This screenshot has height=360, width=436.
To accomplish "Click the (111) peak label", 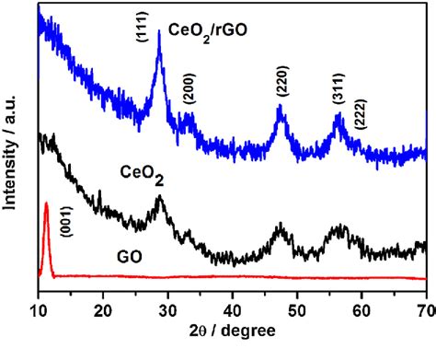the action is coord(143,27).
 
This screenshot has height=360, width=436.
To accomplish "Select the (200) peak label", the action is coord(189,88).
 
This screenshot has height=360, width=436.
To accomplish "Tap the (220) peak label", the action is coord(282,81).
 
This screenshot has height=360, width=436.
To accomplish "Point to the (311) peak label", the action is coord(338,88).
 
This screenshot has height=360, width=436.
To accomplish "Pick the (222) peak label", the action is coord(361,114).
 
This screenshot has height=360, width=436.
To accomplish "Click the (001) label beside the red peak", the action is coord(66,221).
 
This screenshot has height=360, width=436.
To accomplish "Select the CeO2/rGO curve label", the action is coord(208,32).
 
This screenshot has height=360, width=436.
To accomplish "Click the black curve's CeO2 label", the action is coord(142,175).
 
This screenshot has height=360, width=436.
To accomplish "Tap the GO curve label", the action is coord(130,257).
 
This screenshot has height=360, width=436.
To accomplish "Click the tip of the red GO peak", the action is coord(46,202).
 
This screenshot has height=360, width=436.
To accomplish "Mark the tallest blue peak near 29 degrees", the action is coord(159,30).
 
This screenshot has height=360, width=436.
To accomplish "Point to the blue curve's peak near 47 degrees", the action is coord(280,105).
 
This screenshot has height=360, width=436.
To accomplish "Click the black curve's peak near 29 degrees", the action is coord(159,195).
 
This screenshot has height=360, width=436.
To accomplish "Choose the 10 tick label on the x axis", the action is coord(39,311).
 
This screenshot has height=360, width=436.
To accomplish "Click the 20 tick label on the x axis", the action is coord(103,311).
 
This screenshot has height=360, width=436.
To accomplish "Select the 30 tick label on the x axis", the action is coord(167,311).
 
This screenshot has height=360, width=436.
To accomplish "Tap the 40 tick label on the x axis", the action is coord(232,311).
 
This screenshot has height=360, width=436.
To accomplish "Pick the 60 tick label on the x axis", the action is coord(361,311).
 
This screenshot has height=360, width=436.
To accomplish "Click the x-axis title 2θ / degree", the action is coord(233,331).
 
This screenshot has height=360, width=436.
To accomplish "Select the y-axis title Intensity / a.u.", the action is coord(10,153).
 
